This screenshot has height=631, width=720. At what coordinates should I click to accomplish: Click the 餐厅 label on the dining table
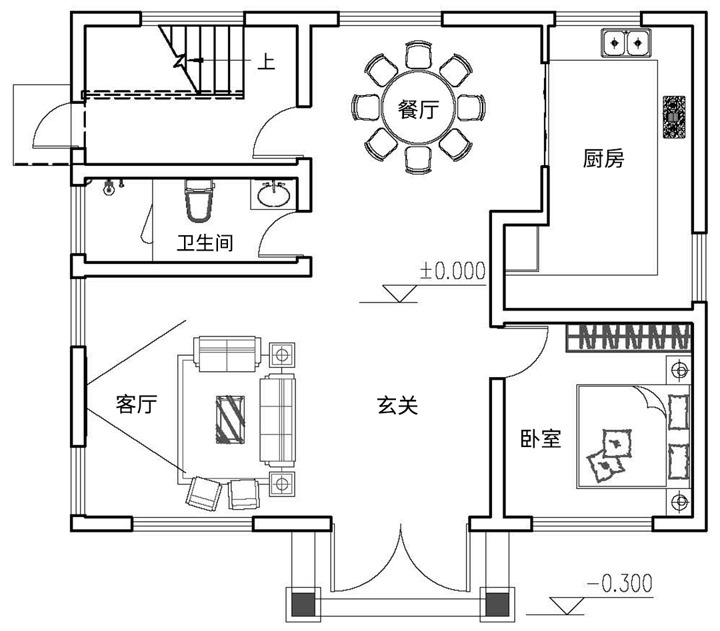pos(418,110)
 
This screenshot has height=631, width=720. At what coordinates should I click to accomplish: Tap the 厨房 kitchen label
pos(603,159)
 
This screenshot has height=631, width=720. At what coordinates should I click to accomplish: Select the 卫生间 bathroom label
pos(205,243)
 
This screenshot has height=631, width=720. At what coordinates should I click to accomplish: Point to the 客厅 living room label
pos(137,404)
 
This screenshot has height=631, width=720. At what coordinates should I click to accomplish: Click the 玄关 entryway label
pos(397,405)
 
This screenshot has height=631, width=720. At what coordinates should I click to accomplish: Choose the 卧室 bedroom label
pos(541,438)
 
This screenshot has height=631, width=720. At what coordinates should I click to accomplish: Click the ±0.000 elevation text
pos(453,271)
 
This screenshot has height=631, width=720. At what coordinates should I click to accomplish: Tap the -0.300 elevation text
pos(620,583)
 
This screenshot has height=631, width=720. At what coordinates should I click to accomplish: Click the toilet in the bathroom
pos(199,201)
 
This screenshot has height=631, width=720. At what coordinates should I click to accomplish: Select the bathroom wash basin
pos(274,195)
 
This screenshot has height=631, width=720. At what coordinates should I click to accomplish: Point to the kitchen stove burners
pos(673,117)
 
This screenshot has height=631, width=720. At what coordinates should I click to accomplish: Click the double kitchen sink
pos(626,43)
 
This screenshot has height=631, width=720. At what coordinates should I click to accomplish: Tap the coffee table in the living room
pos(230,419)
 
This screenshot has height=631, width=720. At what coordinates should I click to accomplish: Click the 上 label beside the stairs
pos(266,62)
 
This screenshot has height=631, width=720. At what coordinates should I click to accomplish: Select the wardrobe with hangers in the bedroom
pos(628,338)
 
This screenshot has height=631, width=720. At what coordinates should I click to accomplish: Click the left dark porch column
pos(303,605)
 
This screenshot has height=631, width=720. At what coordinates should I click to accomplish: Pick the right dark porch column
pos(497,605)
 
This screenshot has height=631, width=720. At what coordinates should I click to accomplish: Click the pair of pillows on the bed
pos(609,455)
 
